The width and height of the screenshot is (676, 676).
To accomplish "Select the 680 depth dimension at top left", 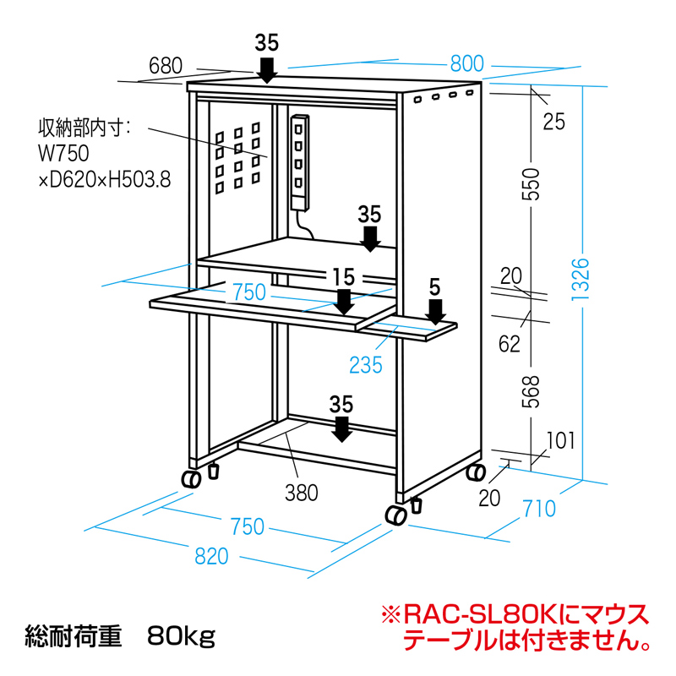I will coord(166,65).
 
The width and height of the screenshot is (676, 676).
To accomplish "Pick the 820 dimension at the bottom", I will coord(212,555).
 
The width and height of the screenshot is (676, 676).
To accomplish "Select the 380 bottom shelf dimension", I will coord(302,492).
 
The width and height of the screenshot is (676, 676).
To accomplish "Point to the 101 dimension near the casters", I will coord(560,440).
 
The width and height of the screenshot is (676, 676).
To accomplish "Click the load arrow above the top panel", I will coord(266,69).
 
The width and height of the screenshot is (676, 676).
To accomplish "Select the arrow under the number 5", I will coord(435,312).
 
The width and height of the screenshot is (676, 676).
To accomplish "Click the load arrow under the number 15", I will coord(344,301).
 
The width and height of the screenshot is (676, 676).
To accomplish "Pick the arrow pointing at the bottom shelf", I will coord(341,428).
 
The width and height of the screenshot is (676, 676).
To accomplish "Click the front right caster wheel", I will coord(395,515).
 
